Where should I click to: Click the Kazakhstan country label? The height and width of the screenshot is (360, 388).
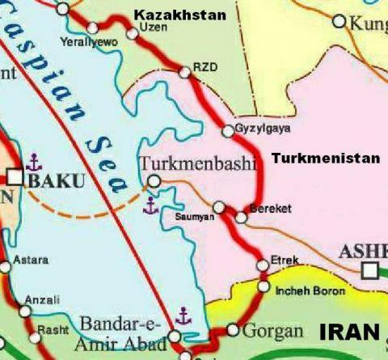pyautogui.click(x=179, y=15)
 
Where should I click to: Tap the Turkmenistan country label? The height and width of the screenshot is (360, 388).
pyautogui.click(x=325, y=159)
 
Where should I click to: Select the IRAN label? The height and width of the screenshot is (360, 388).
pyautogui.click(x=349, y=332)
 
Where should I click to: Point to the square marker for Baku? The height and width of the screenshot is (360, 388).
pyautogui.click(x=16, y=176)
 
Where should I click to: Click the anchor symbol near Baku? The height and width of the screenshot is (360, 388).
pyautogui.click(x=32, y=161)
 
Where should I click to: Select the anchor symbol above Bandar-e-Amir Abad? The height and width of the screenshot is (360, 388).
pyautogui.click(x=183, y=315)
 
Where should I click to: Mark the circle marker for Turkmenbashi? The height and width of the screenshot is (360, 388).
pyautogui.click(x=154, y=181)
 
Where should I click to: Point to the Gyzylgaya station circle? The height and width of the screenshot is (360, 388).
pyautogui.click(x=227, y=131)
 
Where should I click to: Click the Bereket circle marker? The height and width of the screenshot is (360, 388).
pyautogui.click(x=241, y=217)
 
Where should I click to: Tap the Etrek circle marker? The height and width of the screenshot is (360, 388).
pyautogui.click(x=261, y=265)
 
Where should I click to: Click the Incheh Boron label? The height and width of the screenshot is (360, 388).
pyautogui.click(x=311, y=290)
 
